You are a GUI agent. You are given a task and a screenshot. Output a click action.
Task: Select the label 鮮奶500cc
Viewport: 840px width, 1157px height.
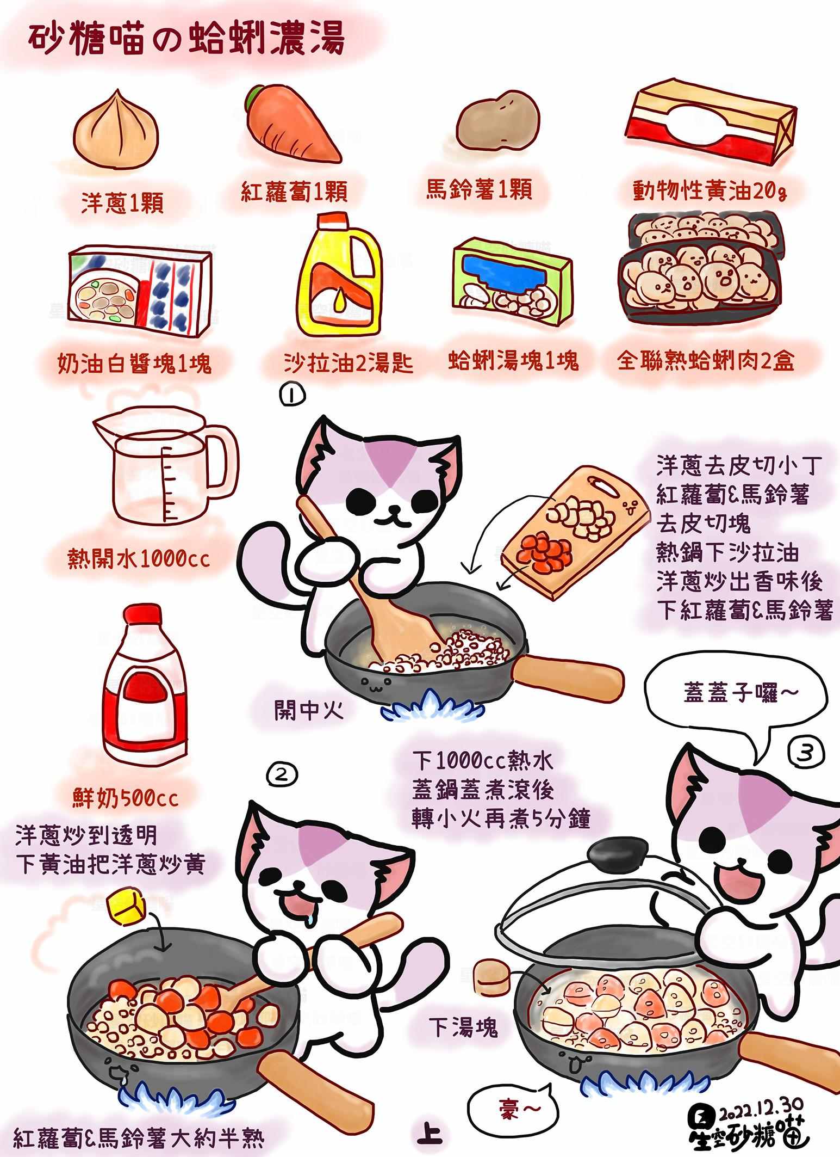[125, 798]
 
